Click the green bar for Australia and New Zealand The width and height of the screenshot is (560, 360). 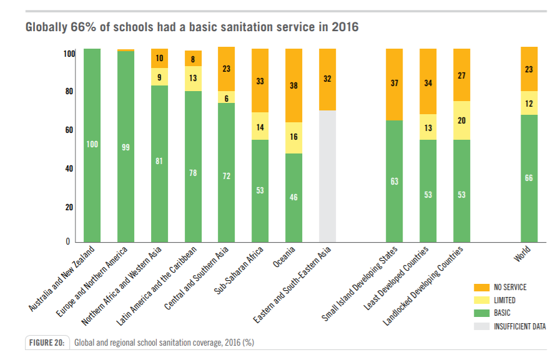[x=92, y=145]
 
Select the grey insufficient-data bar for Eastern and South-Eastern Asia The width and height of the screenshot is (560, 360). [x=327, y=176]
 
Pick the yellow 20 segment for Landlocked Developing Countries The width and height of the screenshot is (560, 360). [x=461, y=120]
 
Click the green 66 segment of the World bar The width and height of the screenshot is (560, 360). [x=529, y=178]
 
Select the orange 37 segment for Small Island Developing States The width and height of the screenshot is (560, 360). [x=394, y=84]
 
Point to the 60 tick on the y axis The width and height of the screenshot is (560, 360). [x=69, y=130]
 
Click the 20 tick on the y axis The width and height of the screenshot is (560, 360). [x=69, y=207]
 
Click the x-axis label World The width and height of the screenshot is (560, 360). [x=523, y=257]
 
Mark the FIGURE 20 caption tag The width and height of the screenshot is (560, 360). [x=47, y=343]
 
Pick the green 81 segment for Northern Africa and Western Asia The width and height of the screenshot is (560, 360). [x=159, y=161]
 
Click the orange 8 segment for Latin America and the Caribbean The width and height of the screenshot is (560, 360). [x=193, y=58]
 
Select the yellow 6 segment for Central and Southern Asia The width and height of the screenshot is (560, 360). [x=226, y=97]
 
